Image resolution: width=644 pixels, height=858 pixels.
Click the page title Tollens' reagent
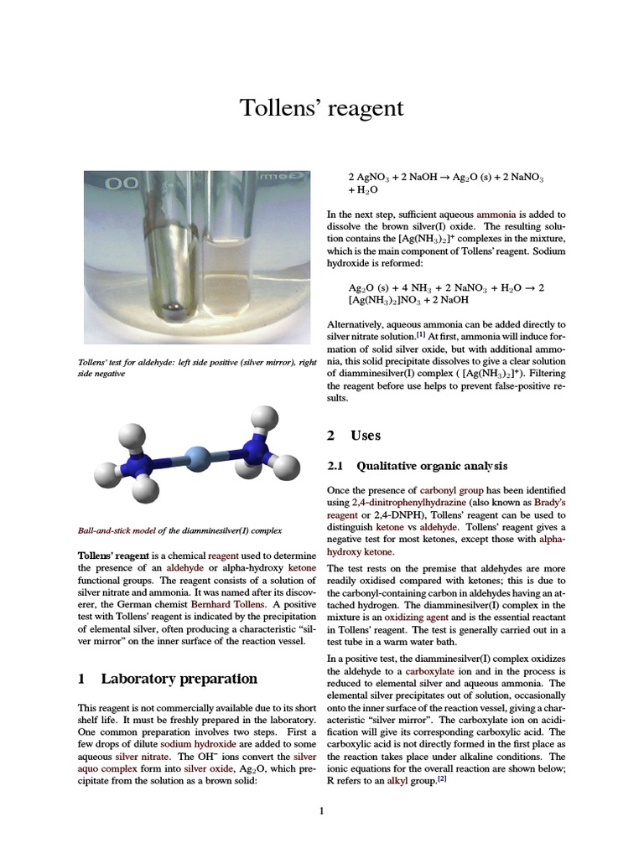click(322, 108)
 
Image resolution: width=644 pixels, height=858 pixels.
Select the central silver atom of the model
click(196, 458)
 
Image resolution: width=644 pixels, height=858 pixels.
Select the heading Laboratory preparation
click(179, 678)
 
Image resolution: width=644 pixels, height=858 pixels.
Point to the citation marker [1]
click(421, 334)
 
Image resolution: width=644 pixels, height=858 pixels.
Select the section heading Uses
click(366, 435)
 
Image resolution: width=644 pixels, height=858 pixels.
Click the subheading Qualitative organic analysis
click(432, 466)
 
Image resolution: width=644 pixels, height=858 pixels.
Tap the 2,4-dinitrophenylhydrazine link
click(409, 502)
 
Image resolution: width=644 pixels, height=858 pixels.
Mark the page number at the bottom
click(321, 810)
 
